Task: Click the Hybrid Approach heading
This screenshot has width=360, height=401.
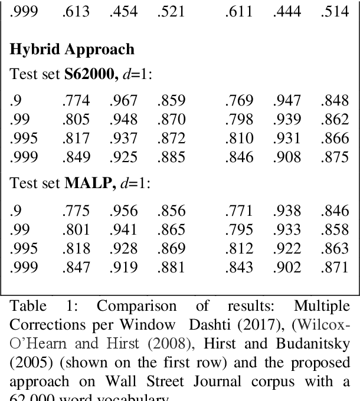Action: (71, 50)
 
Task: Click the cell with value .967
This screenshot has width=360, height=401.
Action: (123, 101)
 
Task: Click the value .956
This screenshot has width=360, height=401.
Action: (123, 211)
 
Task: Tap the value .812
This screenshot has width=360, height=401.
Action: (238, 247)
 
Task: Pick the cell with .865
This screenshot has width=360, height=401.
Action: (171, 229)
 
